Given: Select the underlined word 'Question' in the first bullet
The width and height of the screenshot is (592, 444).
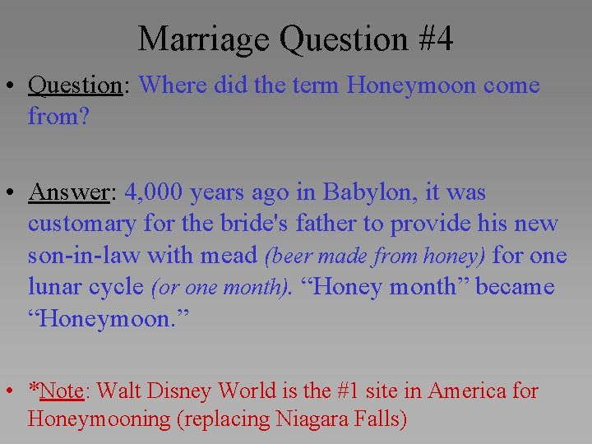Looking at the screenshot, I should tap(75, 85).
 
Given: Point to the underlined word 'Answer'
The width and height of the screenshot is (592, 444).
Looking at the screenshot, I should tap(69, 192).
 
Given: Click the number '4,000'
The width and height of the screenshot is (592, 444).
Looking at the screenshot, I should tap(155, 192).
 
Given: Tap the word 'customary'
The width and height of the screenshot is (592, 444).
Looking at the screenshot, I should tap(82, 224).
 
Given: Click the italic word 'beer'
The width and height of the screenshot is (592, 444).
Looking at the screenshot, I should tap(285, 257).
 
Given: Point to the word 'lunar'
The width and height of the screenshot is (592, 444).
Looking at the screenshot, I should tap(58, 287).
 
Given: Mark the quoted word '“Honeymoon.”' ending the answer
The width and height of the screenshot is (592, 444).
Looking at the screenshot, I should tap(108, 319).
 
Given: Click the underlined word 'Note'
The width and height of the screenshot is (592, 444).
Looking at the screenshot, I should tap(61, 391).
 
